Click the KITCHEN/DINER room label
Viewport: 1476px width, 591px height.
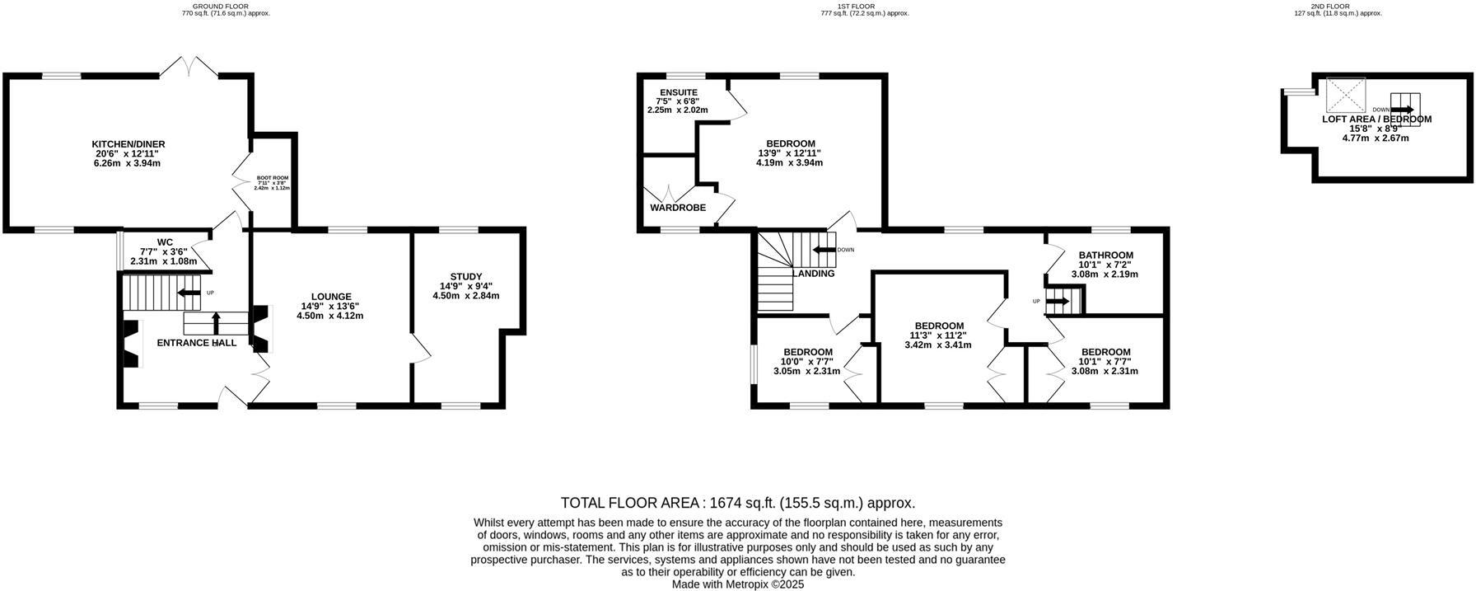(128, 144)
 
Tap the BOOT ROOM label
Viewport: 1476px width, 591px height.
(272, 177)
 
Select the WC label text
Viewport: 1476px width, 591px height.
(165, 242)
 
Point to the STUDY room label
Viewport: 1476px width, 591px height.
(466, 276)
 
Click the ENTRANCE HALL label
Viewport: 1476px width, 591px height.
(197, 343)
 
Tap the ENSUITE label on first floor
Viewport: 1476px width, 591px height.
(678, 92)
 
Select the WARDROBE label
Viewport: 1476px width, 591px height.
(678, 208)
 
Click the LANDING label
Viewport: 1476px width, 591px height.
(813, 274)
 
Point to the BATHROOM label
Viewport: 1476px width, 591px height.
(1106, 255)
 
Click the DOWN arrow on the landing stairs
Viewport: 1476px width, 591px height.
(824, 250)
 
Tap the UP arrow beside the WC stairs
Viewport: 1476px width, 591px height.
(189, 293)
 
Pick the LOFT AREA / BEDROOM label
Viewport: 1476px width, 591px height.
(1376, 119)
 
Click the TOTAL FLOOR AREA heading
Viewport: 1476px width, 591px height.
(737, 503)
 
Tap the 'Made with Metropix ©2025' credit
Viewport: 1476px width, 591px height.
(737, 584)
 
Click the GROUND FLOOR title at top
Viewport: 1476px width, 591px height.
(226, 7)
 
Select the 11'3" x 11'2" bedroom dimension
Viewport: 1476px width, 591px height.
(938, 335)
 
